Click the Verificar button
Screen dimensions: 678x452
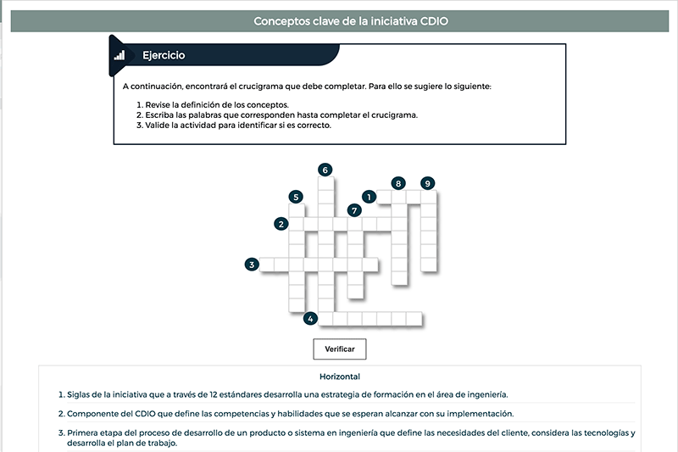(340, 349)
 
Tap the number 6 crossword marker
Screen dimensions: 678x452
(325, 170)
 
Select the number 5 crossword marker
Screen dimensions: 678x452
(296, 198)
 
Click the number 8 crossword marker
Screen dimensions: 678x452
(398, 183)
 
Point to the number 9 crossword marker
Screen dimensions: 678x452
(428, 183)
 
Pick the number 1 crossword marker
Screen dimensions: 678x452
(369, 198)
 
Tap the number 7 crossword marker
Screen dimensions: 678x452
(354, 210)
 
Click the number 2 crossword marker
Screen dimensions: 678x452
(281, 224)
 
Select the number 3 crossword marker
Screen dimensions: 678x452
(252, 265)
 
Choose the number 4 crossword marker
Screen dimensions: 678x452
(310, 319)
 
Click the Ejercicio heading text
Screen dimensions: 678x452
(164, 55)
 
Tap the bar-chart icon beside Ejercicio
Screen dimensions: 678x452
(119, 55)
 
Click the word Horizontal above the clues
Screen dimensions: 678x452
(340, 377)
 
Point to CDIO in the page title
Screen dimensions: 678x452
(434, 21)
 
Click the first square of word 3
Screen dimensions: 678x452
(267, 265)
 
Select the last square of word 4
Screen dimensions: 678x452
(414, 319)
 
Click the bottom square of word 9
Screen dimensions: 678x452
(429, 265)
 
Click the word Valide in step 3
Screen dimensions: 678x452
(156, 126)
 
